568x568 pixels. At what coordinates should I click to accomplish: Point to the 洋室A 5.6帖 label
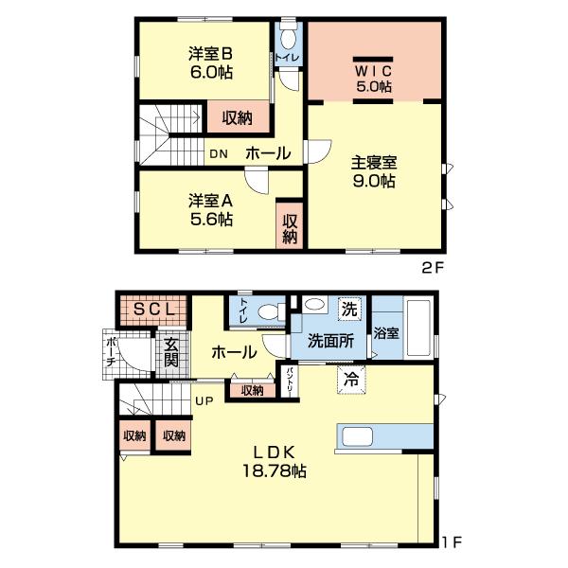(210, 209)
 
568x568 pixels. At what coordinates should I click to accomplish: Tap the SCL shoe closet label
(151, 309)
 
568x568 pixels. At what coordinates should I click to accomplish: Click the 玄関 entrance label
(170, 352)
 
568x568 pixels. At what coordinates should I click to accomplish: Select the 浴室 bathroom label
(385, 333)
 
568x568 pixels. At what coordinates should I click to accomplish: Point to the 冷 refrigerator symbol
(351, 377)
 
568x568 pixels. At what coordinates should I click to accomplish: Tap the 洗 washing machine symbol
(349, 309)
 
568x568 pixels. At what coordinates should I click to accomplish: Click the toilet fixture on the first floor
(269, 311)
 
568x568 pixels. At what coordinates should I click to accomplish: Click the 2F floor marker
(432, 268)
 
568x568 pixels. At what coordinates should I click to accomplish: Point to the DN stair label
(219, 153)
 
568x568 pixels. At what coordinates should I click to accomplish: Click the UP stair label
(204, 399)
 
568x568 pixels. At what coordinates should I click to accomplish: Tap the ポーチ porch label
(111, 351)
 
